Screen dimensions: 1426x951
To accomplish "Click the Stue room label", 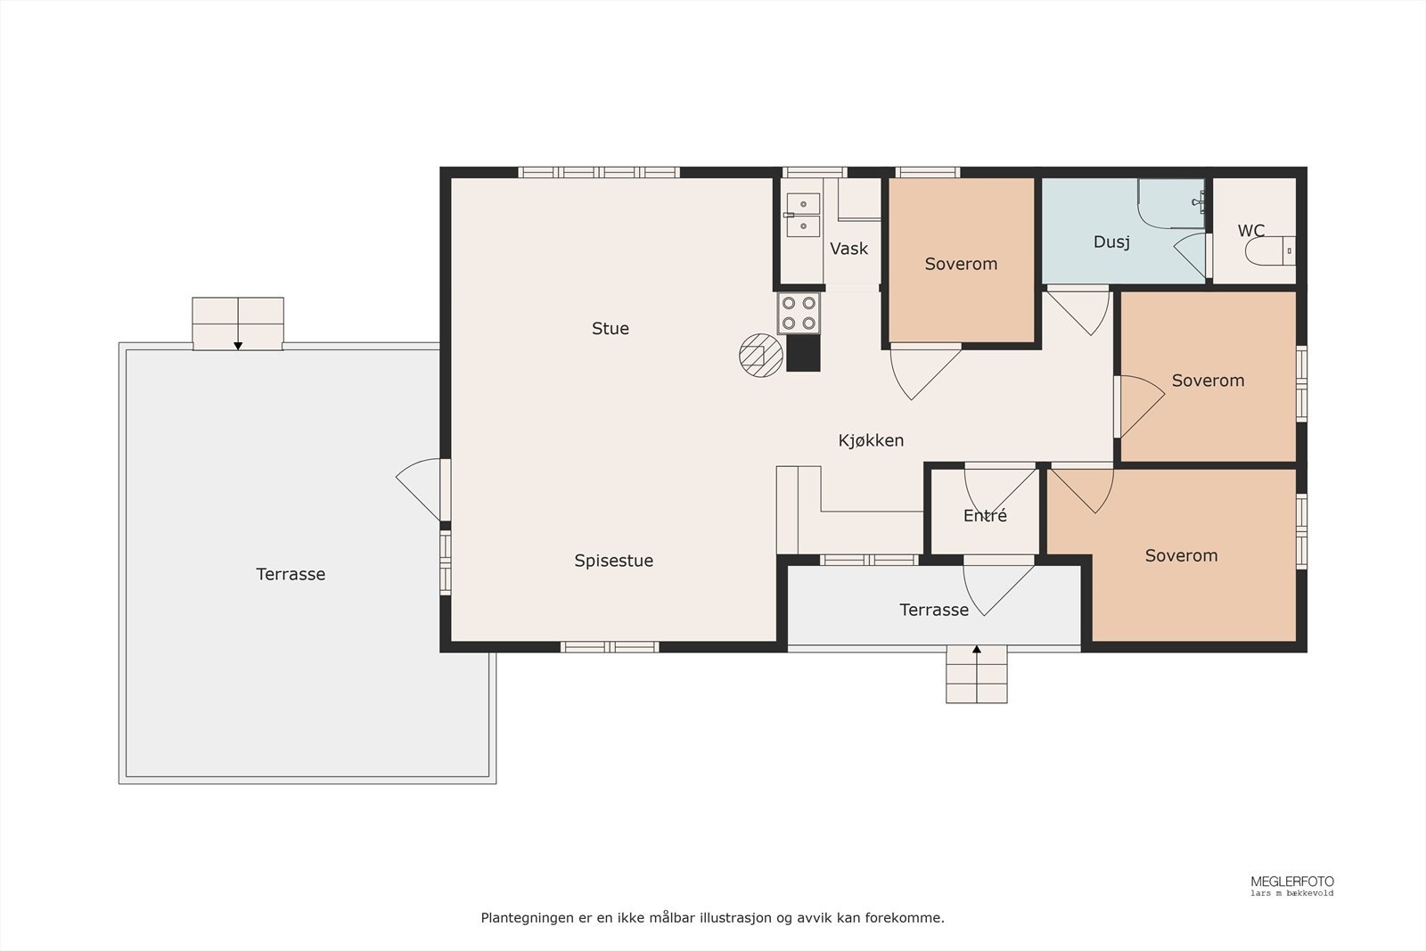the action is [610, 329].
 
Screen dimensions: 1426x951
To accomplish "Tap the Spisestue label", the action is [614, 561].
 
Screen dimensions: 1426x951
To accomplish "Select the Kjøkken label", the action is [871, 440].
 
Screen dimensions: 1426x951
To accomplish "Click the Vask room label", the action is [848, 249].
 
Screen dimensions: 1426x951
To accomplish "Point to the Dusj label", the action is [1111, 242].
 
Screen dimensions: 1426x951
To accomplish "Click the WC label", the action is [1251, 231].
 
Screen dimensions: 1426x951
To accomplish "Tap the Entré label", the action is [985, 515].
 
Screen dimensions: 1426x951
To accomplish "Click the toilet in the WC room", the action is [1270, 250].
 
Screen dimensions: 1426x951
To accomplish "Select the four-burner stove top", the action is [799, 313].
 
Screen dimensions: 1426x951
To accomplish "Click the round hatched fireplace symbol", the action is [761, 356].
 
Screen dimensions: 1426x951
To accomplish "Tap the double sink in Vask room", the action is [803, 215].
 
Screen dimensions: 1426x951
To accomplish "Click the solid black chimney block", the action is [803, 353].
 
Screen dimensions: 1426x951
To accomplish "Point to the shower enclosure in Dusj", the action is [1171, 203].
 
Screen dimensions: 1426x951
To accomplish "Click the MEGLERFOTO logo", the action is [1291, 885].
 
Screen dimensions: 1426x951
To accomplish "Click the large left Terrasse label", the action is [291, 574].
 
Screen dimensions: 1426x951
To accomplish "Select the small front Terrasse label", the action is [934, 610].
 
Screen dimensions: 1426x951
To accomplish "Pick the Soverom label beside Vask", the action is [961, 264].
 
